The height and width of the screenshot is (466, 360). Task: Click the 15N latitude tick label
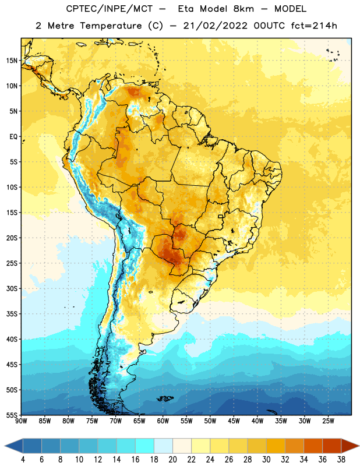[x=12, y=61]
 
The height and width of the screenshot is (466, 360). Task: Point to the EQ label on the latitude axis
[x=13, y=137]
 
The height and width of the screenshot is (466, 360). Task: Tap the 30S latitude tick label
[x=12, y=288]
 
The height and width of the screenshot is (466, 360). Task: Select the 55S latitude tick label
[x=12, y=415]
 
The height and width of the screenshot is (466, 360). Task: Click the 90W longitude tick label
[x=21, y=421]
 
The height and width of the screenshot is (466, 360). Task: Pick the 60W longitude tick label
[x=163, y=421]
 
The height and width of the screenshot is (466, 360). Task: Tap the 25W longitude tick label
[x=328, y=421]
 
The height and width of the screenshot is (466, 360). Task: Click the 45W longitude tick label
[x=234, y=421]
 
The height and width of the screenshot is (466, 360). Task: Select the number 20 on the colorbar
[x=172, y=460]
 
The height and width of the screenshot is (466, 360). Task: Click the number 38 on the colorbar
[x=341, y=460]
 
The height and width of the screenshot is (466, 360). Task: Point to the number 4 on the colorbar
[x=23, y=460]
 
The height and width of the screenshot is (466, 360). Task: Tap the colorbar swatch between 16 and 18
[x=145, y=446]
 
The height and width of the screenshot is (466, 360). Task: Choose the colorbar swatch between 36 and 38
[x=332, y=446]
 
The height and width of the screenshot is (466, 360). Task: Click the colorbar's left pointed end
[x=5, y=446]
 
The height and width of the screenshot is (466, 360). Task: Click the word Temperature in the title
[x=111, y=26]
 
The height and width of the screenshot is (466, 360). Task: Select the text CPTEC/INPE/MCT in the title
[x=110, y=9]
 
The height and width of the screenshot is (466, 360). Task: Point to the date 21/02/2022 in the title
[x=215, y=26]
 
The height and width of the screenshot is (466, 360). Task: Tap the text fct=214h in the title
[x=314, y=26]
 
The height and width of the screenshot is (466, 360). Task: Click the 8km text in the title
[x=243, y=9]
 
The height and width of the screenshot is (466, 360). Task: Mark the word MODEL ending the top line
[x=291, y=9]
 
